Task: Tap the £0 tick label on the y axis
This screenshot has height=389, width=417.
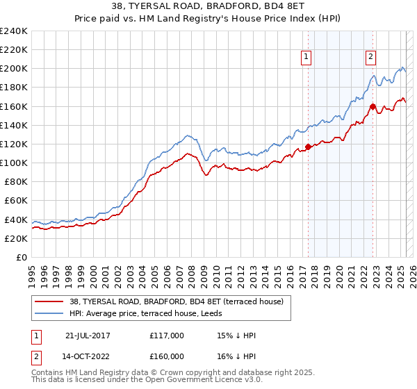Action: [22, 257]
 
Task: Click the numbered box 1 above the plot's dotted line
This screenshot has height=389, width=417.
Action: [306, 58]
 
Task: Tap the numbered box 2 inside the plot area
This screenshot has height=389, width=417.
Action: [371, 58]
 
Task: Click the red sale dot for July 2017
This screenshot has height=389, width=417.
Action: [308, 147]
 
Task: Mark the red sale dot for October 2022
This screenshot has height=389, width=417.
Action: [373, 106]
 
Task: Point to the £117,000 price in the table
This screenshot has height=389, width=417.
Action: [167, 336]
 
